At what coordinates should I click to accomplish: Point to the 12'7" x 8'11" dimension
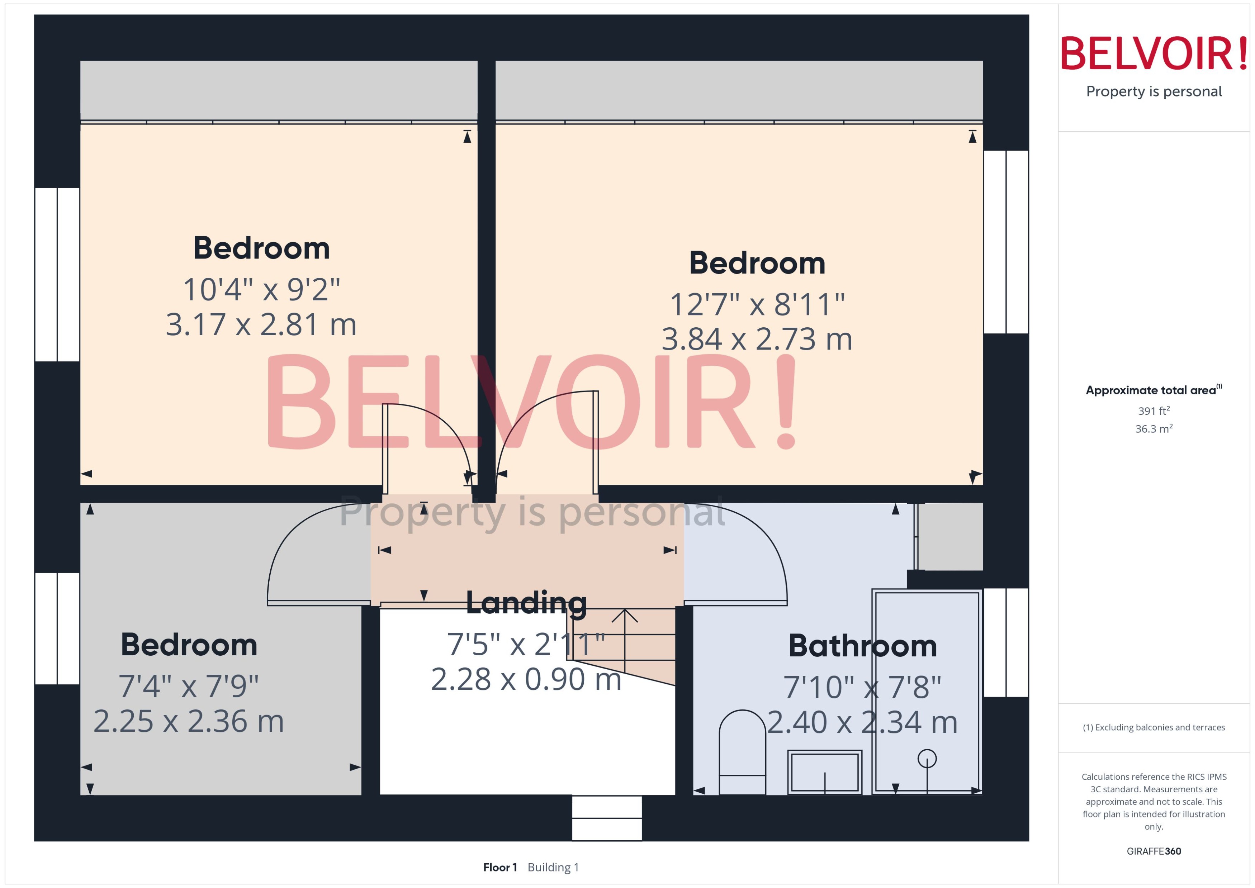[757, 305]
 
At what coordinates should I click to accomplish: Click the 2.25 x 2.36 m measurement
[189, 721]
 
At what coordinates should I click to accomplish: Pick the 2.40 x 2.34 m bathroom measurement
[862, 722]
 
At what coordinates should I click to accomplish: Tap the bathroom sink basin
[825, 772]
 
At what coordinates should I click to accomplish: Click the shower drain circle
[927, 759]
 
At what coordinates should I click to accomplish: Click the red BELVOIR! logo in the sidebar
[1154, 53]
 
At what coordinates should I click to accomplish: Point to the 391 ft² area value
[1154, 410]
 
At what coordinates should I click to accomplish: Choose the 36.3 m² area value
[1154, 429]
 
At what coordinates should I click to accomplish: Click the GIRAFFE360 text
[1154, 851]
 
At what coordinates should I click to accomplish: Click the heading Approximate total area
[1151, 390]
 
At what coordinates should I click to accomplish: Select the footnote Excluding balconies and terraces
[1154, 727]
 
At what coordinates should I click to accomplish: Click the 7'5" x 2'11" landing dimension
[526, 645]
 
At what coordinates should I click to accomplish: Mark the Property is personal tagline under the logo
[1154, 91]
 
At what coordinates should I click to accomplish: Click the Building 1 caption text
[553, 867]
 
